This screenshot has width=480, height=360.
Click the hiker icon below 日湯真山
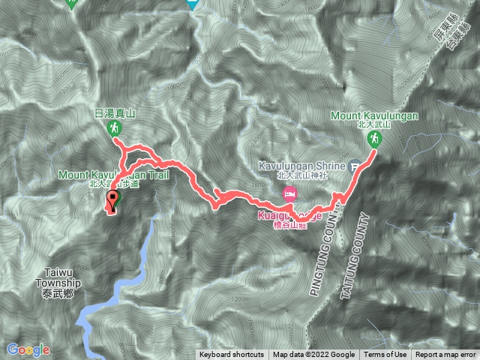(x=115, y=129)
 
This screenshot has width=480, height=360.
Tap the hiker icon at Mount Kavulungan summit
(x=373, y=139)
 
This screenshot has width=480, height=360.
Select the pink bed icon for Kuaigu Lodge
(x=289, y=193)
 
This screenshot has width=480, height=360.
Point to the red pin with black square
(x=114, y=200)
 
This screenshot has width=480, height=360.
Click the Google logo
(x=28, y=349)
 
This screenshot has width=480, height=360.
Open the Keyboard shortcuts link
(x=231, y=355)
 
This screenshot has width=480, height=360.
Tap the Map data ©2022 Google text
(x=313, y=355)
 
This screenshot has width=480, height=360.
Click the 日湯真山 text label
(x=115, y=112)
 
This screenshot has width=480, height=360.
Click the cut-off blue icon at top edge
(x=193, y=4)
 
